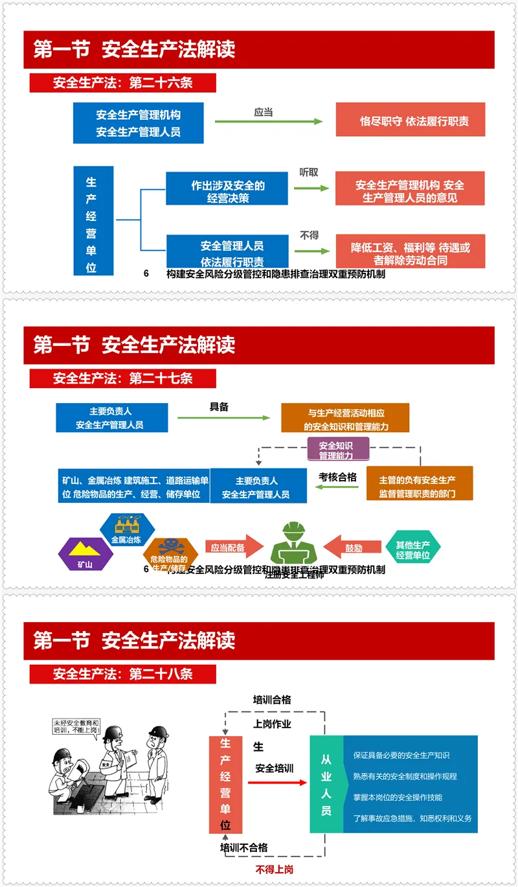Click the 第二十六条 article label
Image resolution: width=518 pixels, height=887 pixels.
(123, 83)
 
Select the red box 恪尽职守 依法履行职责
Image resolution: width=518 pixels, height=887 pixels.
(410, 121)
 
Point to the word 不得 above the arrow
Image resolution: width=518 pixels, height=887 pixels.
(309, 235)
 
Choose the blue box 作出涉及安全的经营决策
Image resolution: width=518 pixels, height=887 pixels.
(227, 189)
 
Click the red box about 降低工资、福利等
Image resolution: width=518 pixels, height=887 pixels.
(410, 253)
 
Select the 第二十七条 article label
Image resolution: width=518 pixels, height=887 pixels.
(123, 378)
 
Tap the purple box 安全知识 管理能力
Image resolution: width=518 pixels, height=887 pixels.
(336, 450)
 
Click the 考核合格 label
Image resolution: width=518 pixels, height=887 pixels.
(337, 477)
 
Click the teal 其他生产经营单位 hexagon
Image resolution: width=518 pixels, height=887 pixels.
(412, 549)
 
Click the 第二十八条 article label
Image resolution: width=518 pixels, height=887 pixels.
(123, 674)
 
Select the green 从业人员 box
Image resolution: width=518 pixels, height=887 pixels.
(326, 784)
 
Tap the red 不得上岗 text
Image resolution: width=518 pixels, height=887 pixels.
(274, 869)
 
